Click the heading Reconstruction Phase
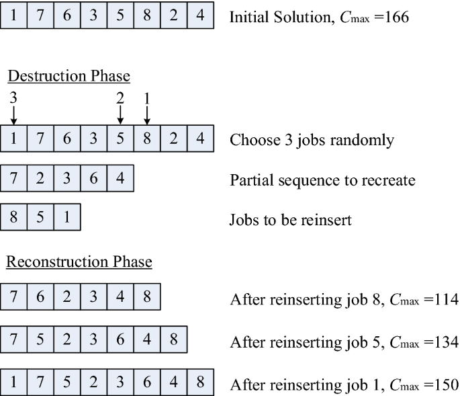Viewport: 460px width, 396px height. (x=79, y=262)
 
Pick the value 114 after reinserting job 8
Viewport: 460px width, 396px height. (x=444, y=297)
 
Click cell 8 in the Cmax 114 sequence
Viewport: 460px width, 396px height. (x=148, y=296)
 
